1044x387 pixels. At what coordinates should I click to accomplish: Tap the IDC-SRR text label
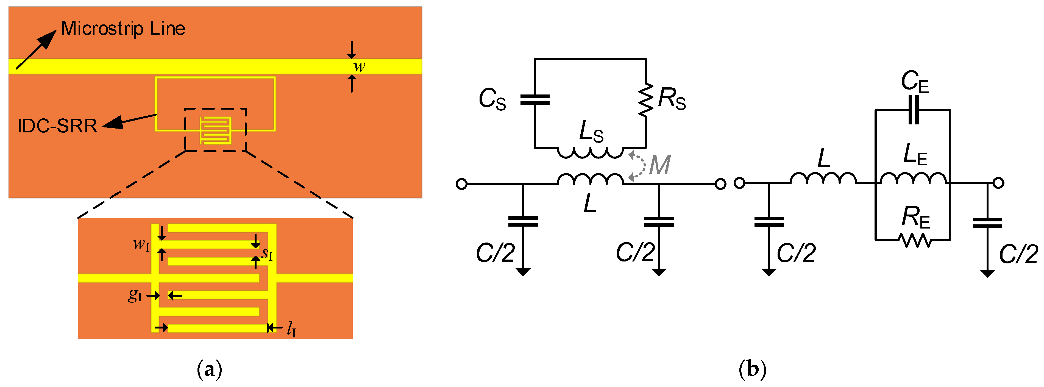[57, 126]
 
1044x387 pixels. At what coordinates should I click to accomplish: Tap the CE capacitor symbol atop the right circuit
[914, 110]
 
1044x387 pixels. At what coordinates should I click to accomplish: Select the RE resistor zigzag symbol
[915, 240]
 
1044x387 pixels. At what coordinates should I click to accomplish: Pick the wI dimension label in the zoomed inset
[141, 244]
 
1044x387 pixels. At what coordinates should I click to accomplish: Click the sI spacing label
[267, 254]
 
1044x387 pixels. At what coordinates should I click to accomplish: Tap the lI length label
[291, 329]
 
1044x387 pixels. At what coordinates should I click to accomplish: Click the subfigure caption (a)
[209, 369]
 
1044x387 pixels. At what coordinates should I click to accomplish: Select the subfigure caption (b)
[752, 369]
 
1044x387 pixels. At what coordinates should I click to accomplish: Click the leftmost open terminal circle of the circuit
[461, 184]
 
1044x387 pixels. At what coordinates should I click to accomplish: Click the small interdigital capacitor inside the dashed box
[216, 130]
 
